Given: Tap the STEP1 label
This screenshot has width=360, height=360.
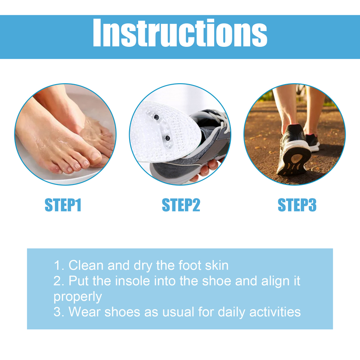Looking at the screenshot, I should click(63, 205).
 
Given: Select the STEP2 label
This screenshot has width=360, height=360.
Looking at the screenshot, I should click(180, 205).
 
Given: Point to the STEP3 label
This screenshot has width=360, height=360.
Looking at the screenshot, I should click(297, 205).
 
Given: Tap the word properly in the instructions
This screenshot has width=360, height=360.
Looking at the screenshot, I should click(78, 297).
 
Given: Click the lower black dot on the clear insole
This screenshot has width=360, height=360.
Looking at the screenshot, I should click(166, 137).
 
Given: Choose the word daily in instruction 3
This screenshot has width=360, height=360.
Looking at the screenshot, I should click(228, 311).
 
